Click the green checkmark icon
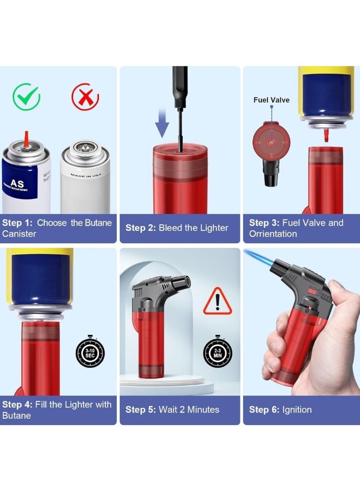(27, 98)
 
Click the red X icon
(85, 98)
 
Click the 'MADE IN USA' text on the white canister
(86, 175)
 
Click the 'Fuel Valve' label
(272, 100)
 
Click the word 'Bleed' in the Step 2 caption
(170, 227)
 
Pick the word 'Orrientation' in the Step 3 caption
(273, 233)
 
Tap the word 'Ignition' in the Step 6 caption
(297, 409)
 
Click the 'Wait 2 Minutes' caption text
(189, 409)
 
